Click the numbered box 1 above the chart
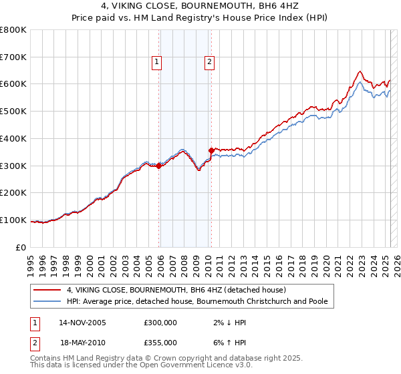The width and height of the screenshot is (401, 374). coord(156,63)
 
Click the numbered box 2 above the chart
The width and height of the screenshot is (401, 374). coord(209,63)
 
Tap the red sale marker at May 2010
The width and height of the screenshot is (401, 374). coord(211,150)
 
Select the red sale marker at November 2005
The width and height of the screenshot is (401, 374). coord(158,166)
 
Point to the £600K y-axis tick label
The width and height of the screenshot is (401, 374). coord(13,84)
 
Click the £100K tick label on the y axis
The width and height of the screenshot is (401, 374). coord(13,220)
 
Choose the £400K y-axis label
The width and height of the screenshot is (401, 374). coord(13,138)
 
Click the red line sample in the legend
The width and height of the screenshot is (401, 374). coord(48,290)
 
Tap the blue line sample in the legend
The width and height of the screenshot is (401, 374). coord(48,301)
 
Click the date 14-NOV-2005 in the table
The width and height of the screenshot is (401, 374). coord(82,323)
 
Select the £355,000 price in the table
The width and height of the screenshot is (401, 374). coord(160,342)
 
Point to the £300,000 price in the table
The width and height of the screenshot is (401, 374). coord(160,323)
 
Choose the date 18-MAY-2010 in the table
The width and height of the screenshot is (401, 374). coord(82,342)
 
